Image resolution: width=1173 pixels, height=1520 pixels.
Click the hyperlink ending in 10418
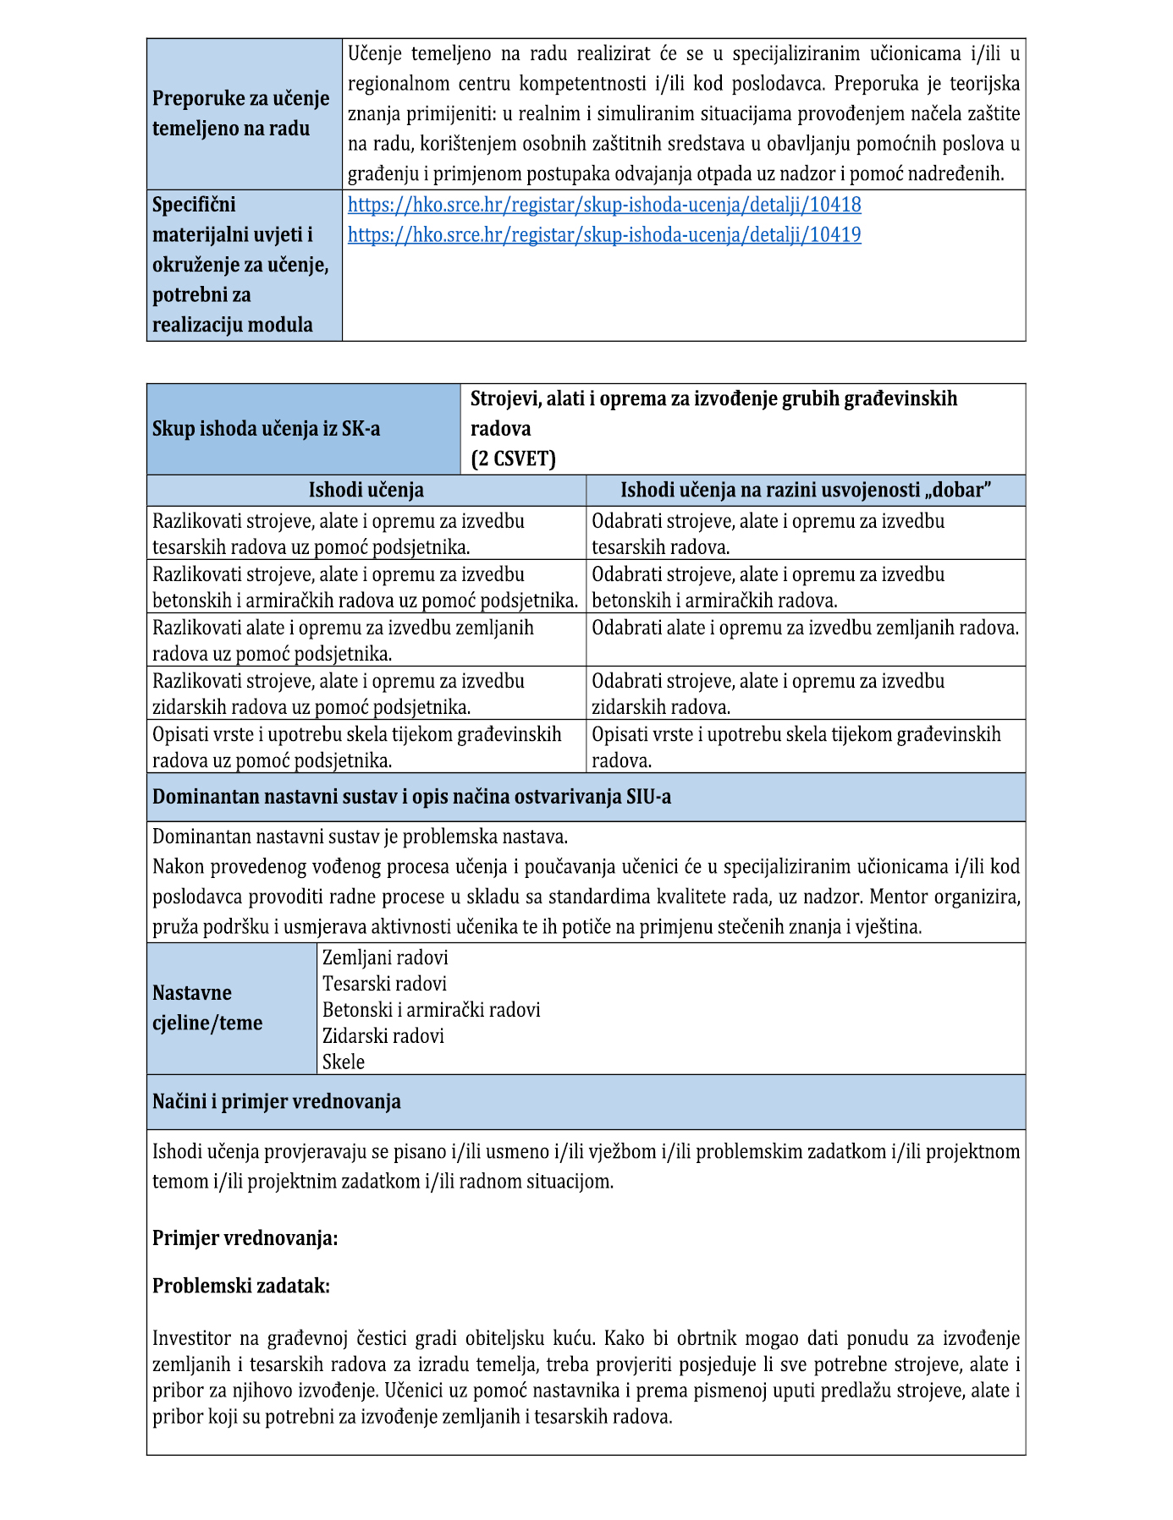tap(604, 205)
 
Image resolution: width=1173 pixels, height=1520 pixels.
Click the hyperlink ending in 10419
tap(604, 235)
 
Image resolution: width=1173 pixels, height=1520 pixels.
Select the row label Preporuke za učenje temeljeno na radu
tap(241, 113)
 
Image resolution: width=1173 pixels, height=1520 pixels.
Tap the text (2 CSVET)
tap(514, 458)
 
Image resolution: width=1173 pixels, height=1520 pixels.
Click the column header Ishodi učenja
tap(366, 491)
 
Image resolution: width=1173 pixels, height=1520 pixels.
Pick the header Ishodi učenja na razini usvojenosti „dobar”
tap(805, 491)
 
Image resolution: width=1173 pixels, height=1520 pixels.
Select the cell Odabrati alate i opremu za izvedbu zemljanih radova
tap(805, 628)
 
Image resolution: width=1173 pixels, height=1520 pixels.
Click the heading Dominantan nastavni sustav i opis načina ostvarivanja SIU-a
tap(411, 797)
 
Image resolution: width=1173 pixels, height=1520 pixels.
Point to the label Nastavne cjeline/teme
tap(207, 1007)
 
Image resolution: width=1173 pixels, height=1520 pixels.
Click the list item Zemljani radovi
tap(385, 958)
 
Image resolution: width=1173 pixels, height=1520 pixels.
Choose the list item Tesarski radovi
tap(384, 984)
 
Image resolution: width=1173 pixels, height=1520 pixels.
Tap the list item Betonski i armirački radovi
tap(431, 1010)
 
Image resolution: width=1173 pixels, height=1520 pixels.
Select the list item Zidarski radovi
tap(383, 1036)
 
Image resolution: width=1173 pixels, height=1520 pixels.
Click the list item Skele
tap(344, 1062)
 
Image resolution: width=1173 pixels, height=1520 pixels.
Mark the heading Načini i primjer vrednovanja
tap(277, 1101)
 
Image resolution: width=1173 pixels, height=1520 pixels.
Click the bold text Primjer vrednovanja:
tap(245, 1238)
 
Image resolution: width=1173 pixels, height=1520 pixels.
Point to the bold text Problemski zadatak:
tap(241, 1286)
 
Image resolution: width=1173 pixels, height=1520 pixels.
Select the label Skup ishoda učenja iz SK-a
tap(266, 429)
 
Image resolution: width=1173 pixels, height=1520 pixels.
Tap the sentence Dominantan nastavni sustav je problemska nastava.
tap(360, 837)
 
